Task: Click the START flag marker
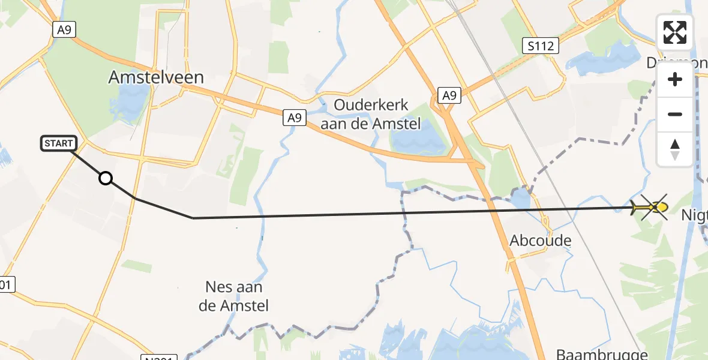click(x=59, y=143)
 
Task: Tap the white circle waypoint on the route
click(x=106, y=178)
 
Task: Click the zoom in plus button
click(x=675, y=80)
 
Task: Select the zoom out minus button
click(x=675, y=114)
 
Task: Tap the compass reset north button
click(x=675, y=149)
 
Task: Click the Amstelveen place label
click(x=156, y=77)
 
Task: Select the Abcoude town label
click(x=540, y=241)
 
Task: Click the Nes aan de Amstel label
click(x=233, y=296)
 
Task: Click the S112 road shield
click(x=540, y=46)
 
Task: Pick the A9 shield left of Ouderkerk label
click(x=294, y=118)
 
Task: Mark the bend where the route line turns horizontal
click(x=193, y=218)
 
